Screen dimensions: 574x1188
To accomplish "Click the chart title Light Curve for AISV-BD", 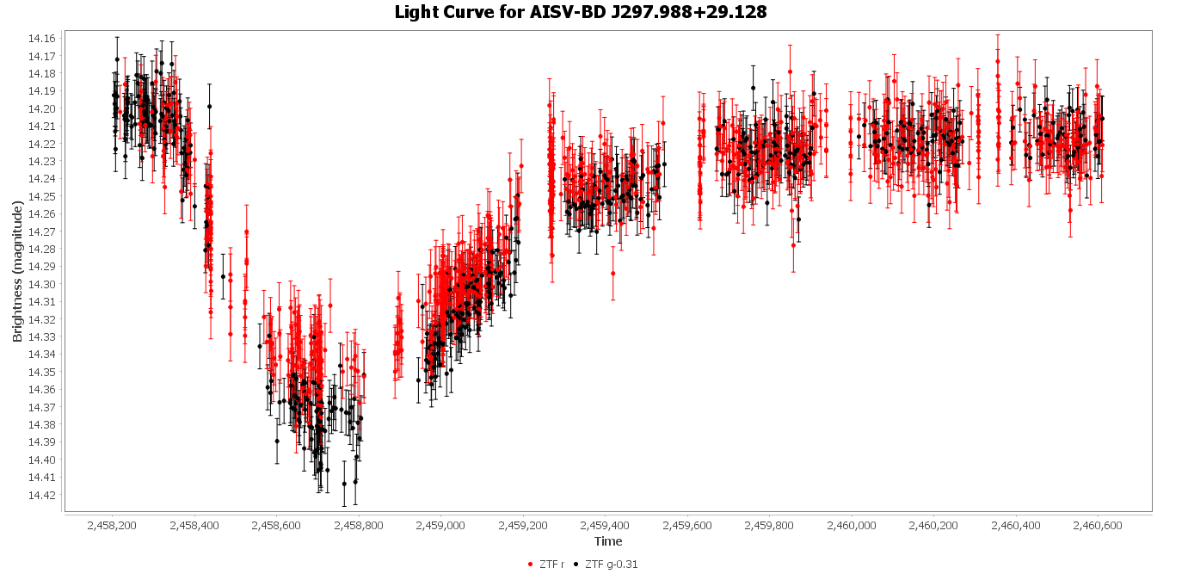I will [x=581, y=12].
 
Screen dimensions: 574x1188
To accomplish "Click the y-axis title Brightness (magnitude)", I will [x=17, y=272].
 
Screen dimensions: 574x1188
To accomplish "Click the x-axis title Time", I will [x=608, y=541].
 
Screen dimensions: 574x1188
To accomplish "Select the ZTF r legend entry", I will [x=551, y=565].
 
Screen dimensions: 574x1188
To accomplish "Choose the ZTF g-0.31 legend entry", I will [x=611, y=565].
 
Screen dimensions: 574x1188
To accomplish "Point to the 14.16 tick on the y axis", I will [x=42, y=39].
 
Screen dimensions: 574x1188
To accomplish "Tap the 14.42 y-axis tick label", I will [x=42, y=495].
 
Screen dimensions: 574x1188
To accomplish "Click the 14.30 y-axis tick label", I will [x=42, y=284].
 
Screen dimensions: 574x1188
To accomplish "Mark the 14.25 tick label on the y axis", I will [x=42, y=196].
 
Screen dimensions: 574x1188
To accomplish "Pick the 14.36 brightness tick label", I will [x=42, y=390].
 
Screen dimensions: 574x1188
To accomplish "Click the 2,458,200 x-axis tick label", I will [x=113, y=524].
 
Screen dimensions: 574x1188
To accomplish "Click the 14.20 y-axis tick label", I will [x=42, y=108].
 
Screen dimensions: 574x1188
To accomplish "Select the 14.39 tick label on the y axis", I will [x=42, y=442].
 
